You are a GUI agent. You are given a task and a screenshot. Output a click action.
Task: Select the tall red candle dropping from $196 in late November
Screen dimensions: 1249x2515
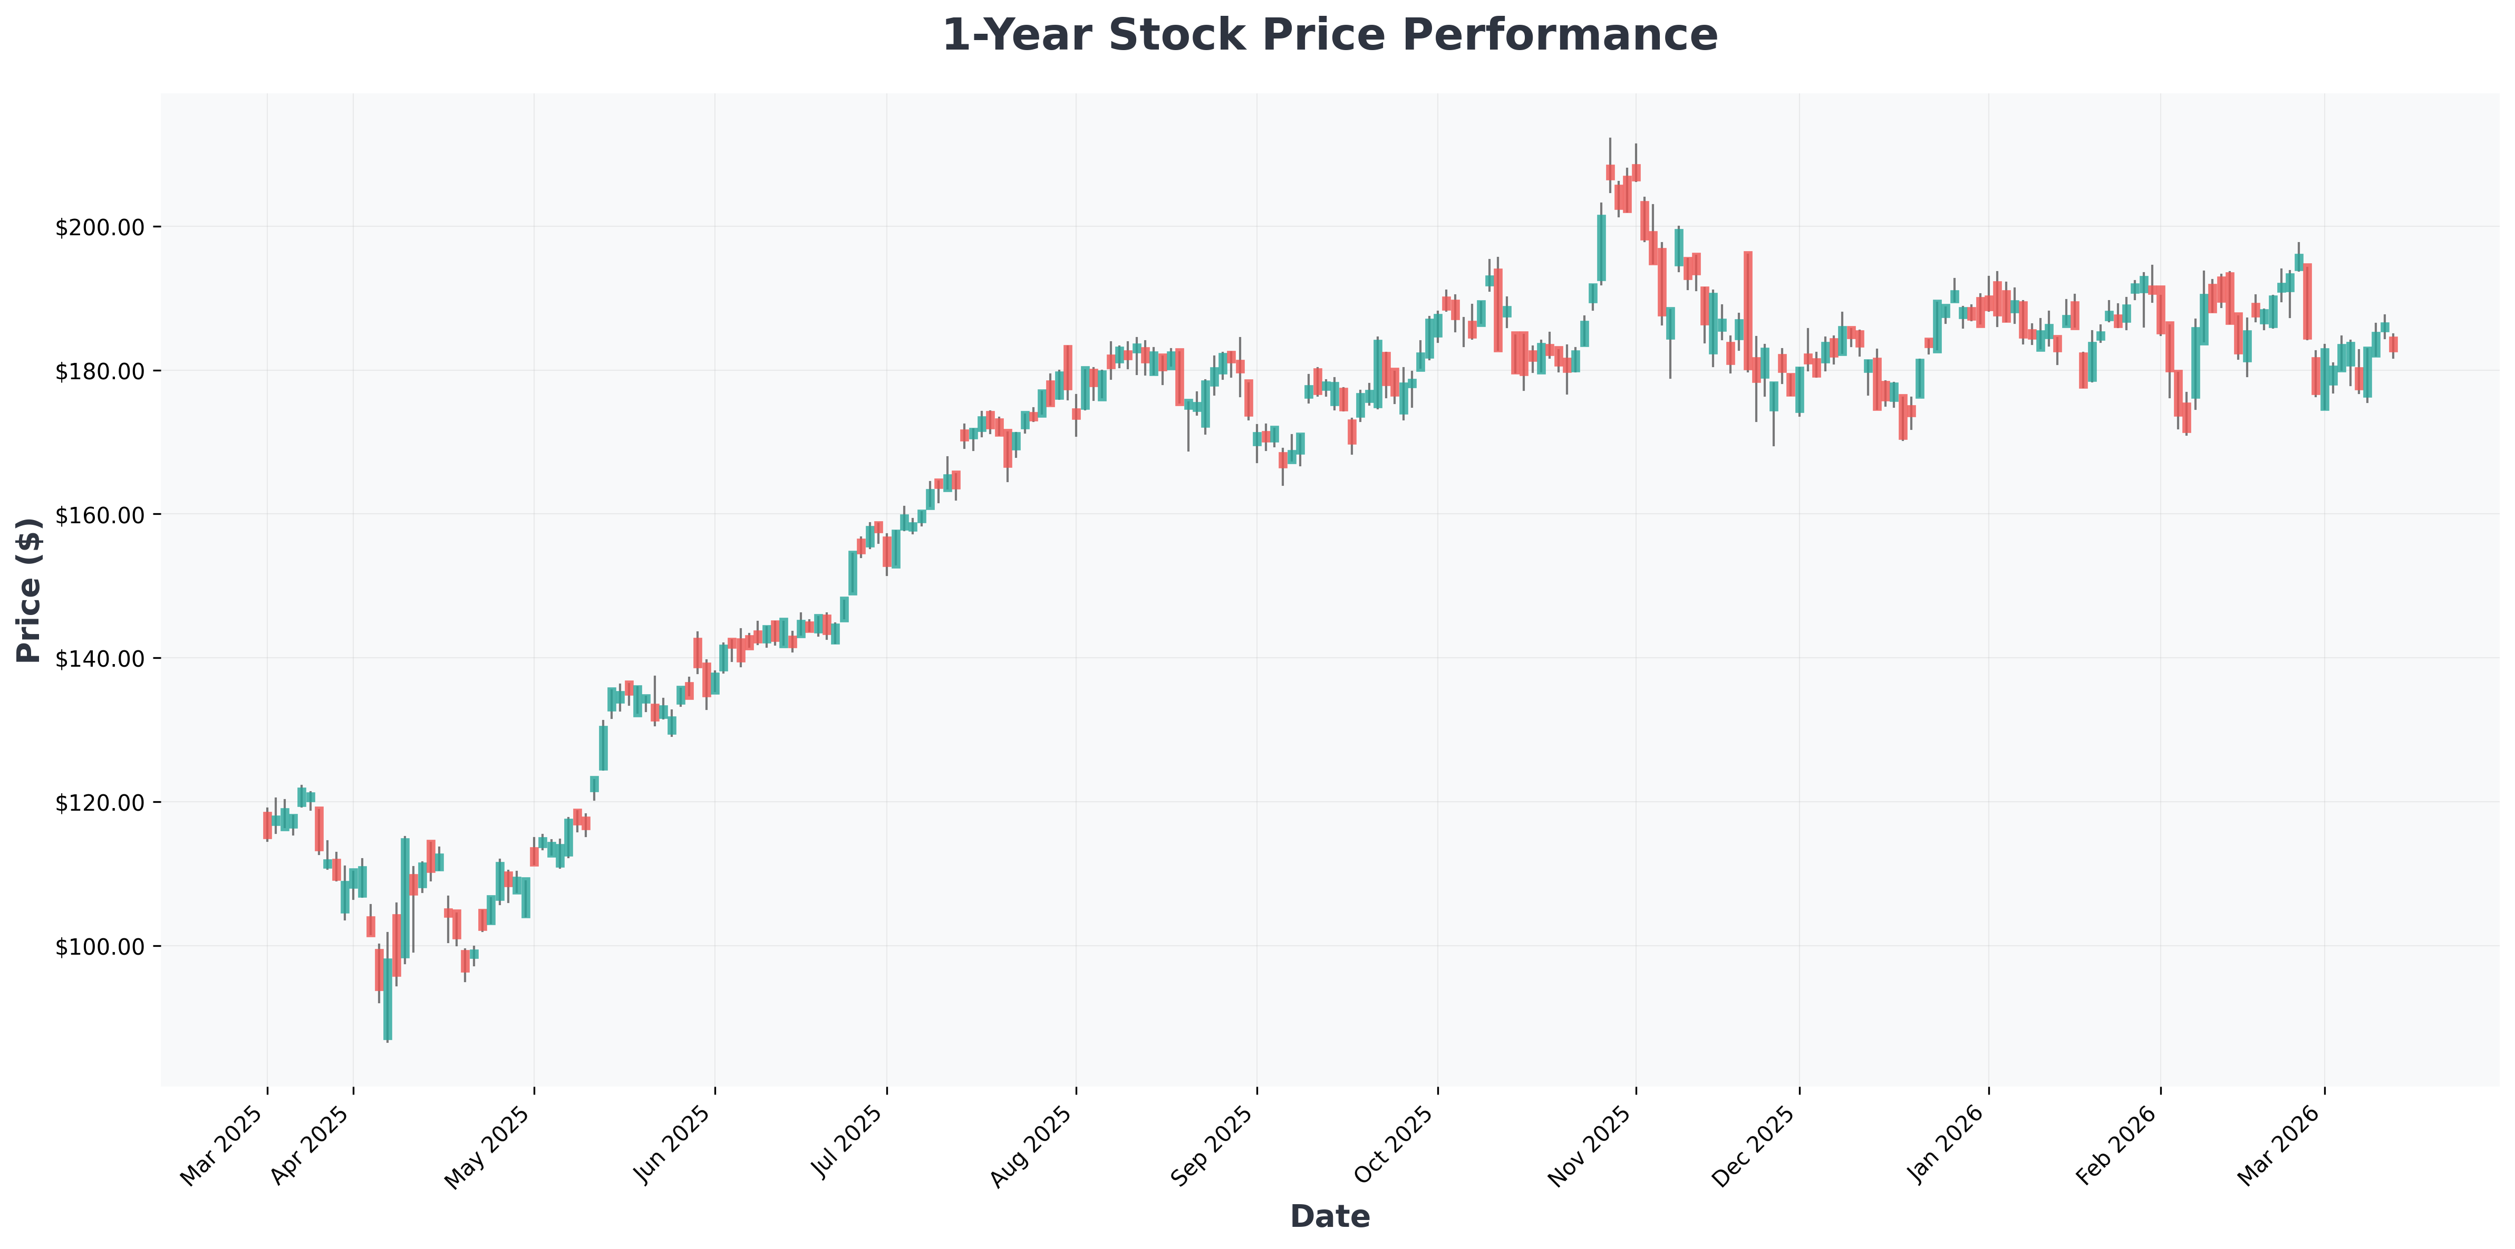(x=1748, y=311)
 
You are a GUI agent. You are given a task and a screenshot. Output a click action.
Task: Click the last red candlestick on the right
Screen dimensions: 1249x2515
(x=2393, y=345)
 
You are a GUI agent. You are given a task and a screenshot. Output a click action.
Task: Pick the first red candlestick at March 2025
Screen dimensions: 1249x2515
(x=267, y=825)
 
